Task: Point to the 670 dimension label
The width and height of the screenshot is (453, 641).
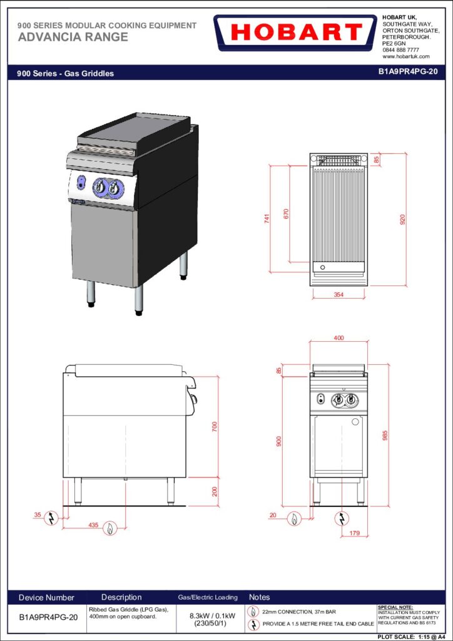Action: [286, 214]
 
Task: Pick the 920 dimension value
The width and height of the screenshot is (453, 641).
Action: [402, 220]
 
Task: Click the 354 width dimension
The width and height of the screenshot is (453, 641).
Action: [338, 295]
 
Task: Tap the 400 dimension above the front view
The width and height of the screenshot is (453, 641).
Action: [338, 337]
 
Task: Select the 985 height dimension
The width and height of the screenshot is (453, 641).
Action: [384, 436]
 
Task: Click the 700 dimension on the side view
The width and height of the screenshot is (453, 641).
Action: [215, 426]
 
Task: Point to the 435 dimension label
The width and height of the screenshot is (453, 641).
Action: [94, 525]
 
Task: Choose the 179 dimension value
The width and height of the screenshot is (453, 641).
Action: [355, 533]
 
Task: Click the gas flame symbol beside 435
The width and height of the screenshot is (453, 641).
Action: [110, 528]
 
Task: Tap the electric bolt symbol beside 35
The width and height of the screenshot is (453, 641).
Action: [51, 518]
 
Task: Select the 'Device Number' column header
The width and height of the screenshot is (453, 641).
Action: [46, 598]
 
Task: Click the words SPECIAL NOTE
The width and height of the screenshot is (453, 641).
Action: [395, 607]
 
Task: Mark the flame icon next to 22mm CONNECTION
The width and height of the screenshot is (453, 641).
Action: [253, 612]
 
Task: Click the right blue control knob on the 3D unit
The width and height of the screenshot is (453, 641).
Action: [116, 188]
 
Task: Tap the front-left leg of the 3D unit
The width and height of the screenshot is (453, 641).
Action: [91, 293]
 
